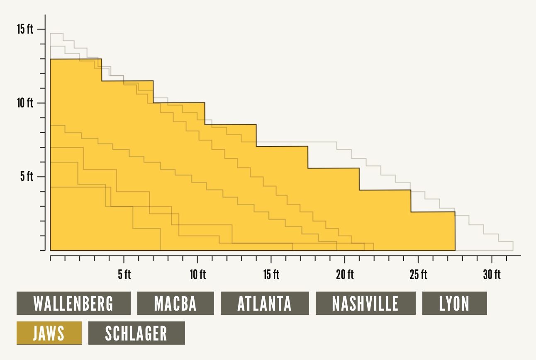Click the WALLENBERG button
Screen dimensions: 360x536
[x=73, y=303]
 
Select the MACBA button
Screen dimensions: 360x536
[x=175, y=303]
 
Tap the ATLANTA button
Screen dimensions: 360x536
[x=265, y=303]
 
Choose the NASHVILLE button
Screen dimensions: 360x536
[x=365, y=303]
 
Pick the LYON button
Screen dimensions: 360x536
[x=454, y=303]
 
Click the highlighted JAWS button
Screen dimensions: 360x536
[x=49, y=333]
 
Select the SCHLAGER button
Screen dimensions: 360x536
[x=136, y=333]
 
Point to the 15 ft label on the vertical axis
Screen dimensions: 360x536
[x=25, y=29]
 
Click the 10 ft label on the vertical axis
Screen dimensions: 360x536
[x=25, y=103]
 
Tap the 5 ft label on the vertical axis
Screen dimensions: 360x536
[x=27, y=177]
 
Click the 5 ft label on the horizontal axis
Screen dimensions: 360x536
[x=124, y=275]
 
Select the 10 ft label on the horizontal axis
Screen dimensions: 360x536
[x=197, y=275]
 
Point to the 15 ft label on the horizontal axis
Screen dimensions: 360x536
[x=271, y=275]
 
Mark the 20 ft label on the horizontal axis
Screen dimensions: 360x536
[x=345, y=275]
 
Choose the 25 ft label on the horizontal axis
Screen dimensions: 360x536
[x=418, y=275]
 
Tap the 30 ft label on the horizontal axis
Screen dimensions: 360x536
[x=492, y=275]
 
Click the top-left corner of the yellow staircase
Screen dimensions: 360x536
[x=50, y=59]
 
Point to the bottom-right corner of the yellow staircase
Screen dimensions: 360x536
[x=455, y=251]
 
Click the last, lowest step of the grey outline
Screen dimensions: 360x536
[x=506, y=241]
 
